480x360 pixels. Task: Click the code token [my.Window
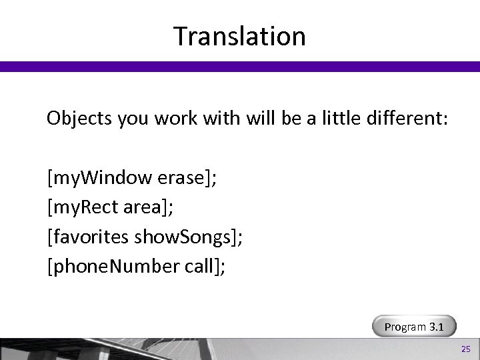coord(100,179)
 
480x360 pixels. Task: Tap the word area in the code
coord(146,207)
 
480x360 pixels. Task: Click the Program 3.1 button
coord(415,327)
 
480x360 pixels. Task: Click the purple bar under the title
coord(240,66)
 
